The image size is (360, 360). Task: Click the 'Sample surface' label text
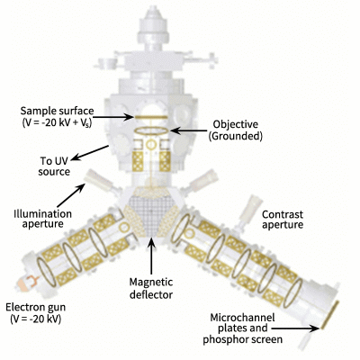[x=57, y=111]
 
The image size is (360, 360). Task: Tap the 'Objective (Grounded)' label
[x=236, y=130]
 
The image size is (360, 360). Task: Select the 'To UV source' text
[x=54, y=166]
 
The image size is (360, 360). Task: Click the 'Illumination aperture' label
[x=43, y=219]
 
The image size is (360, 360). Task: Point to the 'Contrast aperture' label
[x=283, y=220]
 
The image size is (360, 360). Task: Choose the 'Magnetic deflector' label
[x=151, y=288]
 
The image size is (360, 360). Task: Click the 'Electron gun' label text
[x=36, y=307]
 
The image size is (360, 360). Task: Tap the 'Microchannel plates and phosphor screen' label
[x=242, y=328]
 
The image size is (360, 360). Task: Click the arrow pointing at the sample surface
[x=114, y=117]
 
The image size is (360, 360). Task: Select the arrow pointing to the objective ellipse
[x=189, y=130]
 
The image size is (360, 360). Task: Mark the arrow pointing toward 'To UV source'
[x=90, y=153]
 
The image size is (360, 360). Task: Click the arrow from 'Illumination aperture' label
[x=70, y=195]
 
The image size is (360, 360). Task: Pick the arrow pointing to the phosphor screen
[x=297, y=328]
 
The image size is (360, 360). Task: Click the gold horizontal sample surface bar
[x=151, y=117]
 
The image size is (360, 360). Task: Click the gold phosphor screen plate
[x=330, y=315]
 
